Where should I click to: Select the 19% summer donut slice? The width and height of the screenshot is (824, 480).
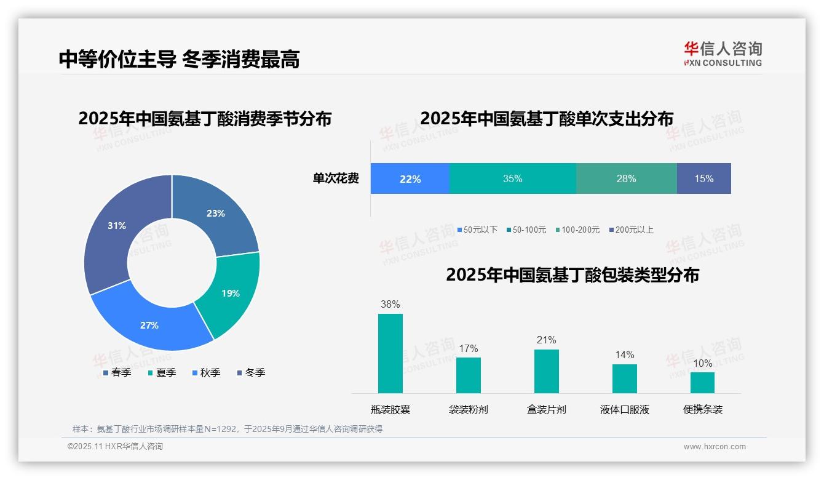coord(229,294)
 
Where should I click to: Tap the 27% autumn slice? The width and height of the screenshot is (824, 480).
coord(151,324)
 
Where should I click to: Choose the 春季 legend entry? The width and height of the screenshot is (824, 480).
coord(117,372)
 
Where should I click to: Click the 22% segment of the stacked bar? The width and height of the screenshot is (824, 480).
coord(410,178)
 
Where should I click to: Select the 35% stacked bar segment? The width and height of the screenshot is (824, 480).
coord(512,178)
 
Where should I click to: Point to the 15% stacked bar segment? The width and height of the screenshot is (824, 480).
coord(703,178)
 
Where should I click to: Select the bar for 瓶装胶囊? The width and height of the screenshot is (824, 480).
coord(390,353)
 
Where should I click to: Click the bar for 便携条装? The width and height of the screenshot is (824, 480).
coord(702,382)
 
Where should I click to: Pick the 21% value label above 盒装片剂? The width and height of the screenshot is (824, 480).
coord(546,340)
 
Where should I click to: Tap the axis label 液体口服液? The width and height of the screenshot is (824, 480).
coord(624,409)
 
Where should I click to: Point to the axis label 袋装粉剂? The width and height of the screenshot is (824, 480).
coord(468,409)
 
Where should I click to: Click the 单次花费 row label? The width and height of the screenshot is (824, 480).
coord(336,178)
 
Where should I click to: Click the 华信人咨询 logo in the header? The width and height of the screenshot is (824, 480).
coord(723,54)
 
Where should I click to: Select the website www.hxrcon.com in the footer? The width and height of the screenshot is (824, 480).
coord(715,447)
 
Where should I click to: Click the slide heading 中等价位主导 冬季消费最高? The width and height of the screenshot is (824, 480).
coord(179,59)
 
